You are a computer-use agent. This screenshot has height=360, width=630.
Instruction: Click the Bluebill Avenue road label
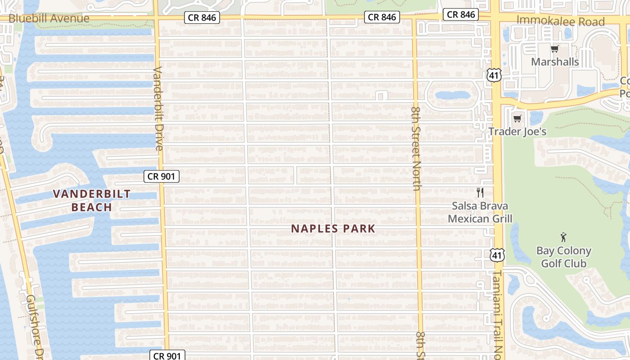[x=49, y=18]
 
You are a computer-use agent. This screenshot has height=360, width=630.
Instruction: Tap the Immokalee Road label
[x=560, y=21]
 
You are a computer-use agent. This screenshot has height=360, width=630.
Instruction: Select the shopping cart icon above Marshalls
[x=554, y=49]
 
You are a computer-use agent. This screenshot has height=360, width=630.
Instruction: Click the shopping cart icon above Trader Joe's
[x=517, y=118]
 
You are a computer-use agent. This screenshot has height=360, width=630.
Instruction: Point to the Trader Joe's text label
[x=517, y=131]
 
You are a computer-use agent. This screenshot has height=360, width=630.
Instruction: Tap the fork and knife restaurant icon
[x=480, y=193]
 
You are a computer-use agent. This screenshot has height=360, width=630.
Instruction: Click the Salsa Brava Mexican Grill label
[x=480, y=212]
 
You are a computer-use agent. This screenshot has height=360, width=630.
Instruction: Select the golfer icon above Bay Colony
[x=563, y=237]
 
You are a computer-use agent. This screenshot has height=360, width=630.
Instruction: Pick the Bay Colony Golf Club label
[x=563, y=257]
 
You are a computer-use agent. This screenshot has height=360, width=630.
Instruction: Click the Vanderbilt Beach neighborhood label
[x=92, y=200]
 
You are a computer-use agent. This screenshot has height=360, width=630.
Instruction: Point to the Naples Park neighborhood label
[x=333, y=229]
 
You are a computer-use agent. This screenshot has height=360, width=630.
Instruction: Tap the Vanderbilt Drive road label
[x=158, y=108]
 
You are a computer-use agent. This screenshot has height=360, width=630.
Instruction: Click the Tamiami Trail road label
[x=498, y=310]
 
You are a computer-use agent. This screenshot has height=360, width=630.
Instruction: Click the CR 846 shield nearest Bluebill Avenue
[x=202, y=18]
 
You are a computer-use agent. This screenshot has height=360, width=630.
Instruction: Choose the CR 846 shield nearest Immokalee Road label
[x=461, y=14]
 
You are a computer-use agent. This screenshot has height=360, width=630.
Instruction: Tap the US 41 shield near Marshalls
[x=494, y=76]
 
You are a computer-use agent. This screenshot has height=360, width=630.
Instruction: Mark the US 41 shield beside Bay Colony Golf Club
[x=497, y=255]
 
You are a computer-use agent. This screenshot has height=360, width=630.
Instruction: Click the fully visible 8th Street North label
[x=416, y=148]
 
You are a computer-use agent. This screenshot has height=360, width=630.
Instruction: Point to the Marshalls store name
[x=555, y=62]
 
